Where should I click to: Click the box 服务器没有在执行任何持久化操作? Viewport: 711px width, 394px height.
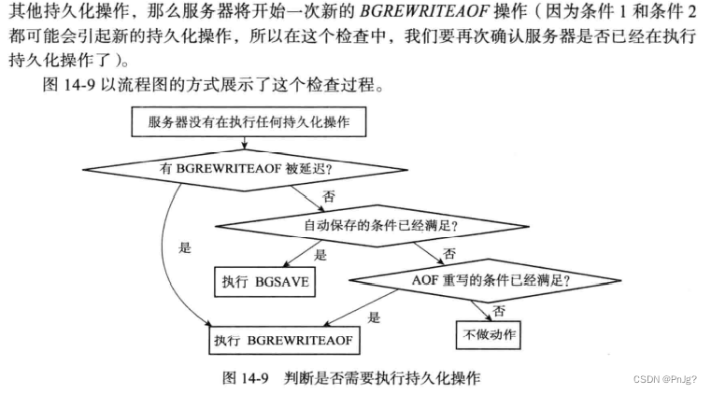244,121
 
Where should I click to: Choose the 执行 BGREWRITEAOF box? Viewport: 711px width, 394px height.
284,341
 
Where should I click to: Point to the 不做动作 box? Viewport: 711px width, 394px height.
487,333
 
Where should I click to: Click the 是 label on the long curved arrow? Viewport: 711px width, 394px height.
185,248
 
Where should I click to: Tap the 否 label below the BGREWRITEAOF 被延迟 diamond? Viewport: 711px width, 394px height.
328,198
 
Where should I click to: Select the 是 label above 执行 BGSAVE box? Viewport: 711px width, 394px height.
321,253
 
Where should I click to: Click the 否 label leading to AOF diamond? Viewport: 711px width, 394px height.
450,253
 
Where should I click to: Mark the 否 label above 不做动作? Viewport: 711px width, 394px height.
499,308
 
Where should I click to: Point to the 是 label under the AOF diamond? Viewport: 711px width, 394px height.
374,317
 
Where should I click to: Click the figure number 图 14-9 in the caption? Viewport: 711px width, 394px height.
246,378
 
